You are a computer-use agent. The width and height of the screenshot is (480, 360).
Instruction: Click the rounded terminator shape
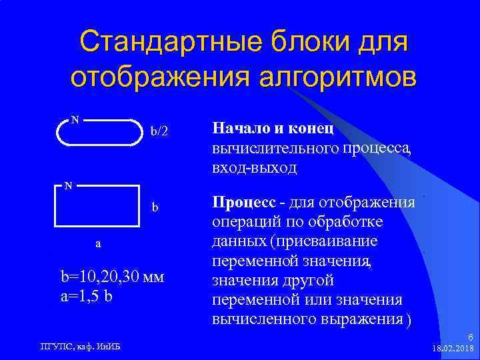(x=99, y=132)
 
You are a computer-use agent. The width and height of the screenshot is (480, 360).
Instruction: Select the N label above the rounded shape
(x=75, y=120)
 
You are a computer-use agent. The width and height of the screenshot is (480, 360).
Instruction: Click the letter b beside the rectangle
(x=155, y=207)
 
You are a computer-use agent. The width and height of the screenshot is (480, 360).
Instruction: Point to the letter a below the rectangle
(x=99, y=243)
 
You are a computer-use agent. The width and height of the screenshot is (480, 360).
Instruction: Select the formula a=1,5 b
(x=87, y=295)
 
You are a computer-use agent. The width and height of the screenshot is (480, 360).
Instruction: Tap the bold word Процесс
(x=242, y=201)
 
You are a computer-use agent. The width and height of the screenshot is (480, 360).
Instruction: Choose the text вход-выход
(x=254, y=168)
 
